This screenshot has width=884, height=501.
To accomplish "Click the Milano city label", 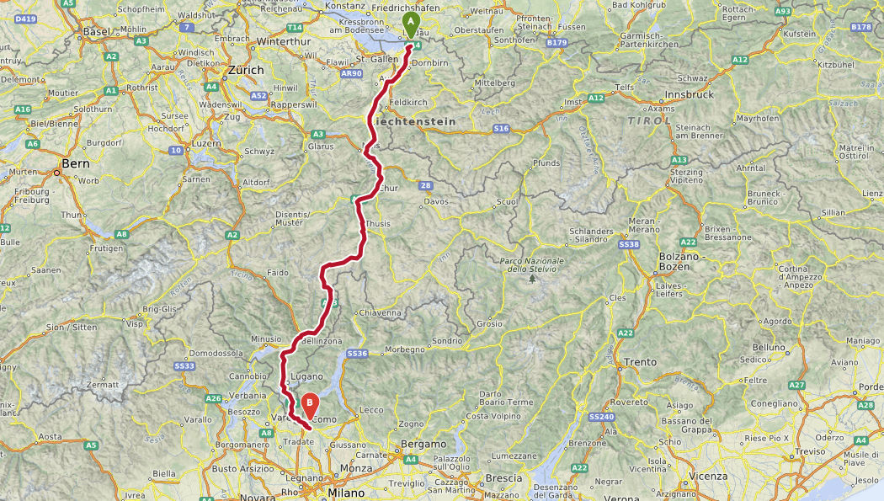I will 346,493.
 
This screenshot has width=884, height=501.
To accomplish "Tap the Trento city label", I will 641,362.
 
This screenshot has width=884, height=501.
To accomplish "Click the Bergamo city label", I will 423,444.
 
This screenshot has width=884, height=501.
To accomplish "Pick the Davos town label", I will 437,201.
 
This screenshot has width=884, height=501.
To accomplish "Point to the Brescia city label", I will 503,477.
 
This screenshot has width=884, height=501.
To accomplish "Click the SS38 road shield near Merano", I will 629,244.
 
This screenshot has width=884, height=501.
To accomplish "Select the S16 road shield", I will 502,128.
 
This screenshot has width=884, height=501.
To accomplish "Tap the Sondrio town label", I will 447,341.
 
